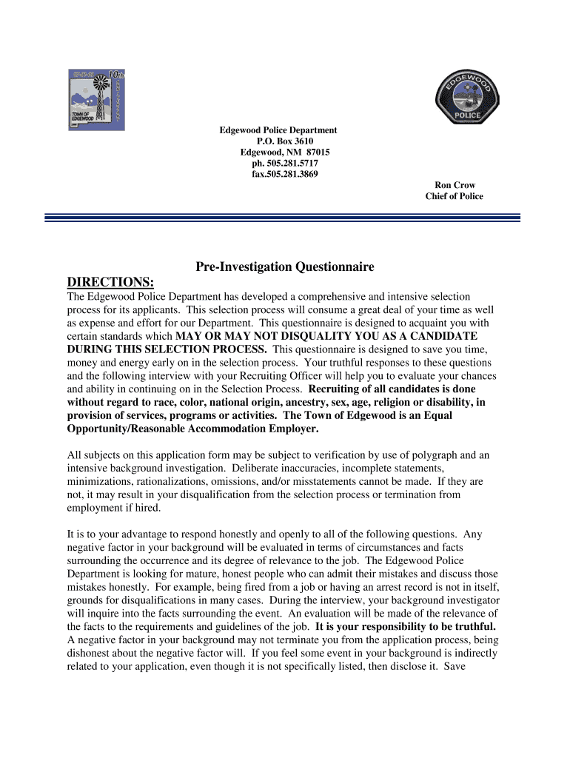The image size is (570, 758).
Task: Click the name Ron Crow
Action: tap(455, 185)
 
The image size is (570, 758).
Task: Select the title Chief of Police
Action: tap(454, 196)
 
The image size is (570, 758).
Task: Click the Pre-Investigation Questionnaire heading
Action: tap(284, 266)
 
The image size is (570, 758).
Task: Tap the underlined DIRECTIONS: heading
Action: tap(110, 283)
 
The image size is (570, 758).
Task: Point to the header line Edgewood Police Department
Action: tap(278, 130)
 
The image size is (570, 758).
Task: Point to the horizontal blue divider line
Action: tap(283, 218)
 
